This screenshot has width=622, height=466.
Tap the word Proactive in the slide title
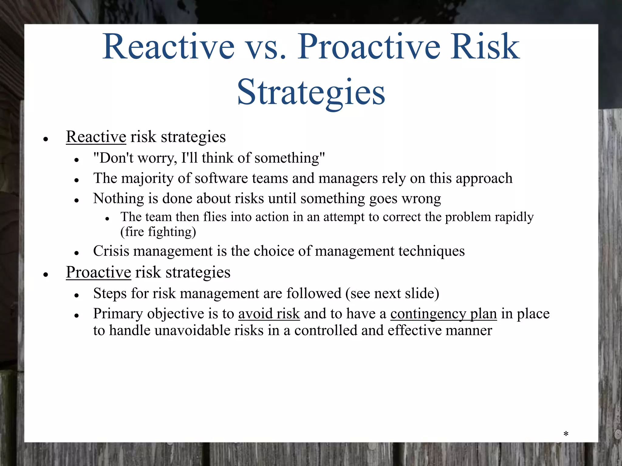coord(369,47)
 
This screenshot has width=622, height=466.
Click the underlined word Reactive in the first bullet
coord(96,137)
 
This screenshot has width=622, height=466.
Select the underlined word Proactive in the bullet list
coord(98,272)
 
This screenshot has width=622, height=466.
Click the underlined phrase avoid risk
coord(269,314)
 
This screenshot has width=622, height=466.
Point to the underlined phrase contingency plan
coord(443,314)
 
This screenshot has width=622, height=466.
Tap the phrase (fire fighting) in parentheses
coord(158,232)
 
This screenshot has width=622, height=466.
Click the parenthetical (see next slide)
coord(392,294)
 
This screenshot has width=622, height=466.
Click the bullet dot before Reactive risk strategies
coord(46,140)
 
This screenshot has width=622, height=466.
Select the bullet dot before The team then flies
coord(107,218)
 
